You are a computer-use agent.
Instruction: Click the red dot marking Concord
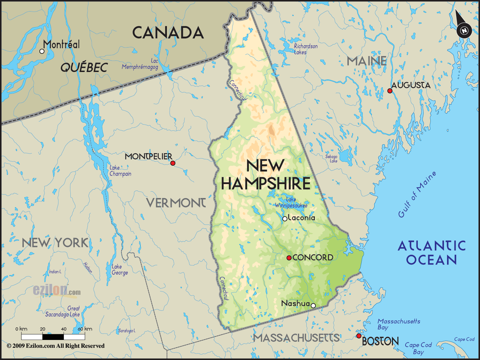pos(289,258)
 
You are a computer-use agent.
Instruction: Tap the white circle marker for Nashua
pos(313,306)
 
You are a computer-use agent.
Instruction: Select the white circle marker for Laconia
pos(285,219)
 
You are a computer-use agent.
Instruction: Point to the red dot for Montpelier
pos(173,163)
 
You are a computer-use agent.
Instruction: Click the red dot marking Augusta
pos(390,91)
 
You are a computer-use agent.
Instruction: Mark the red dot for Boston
pos(359,336)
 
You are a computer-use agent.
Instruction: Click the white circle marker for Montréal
pos(42,51)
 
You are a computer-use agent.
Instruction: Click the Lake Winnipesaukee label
pos(291,202)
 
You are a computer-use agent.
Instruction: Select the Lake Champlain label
pos(120,170)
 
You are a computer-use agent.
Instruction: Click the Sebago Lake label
pos(331,159)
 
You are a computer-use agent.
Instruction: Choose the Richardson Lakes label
pos(305,49)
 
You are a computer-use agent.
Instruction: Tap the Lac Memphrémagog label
pos(140,64)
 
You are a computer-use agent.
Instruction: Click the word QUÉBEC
pos(84,68)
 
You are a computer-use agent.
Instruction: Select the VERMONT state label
pos(176,203)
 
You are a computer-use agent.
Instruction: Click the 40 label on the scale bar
pos(64,329)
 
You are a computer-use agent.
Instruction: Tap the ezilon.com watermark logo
pos(57,290)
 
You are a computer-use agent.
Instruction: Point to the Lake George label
pos(120,270)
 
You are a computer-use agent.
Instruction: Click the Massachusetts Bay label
pos(398,324)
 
